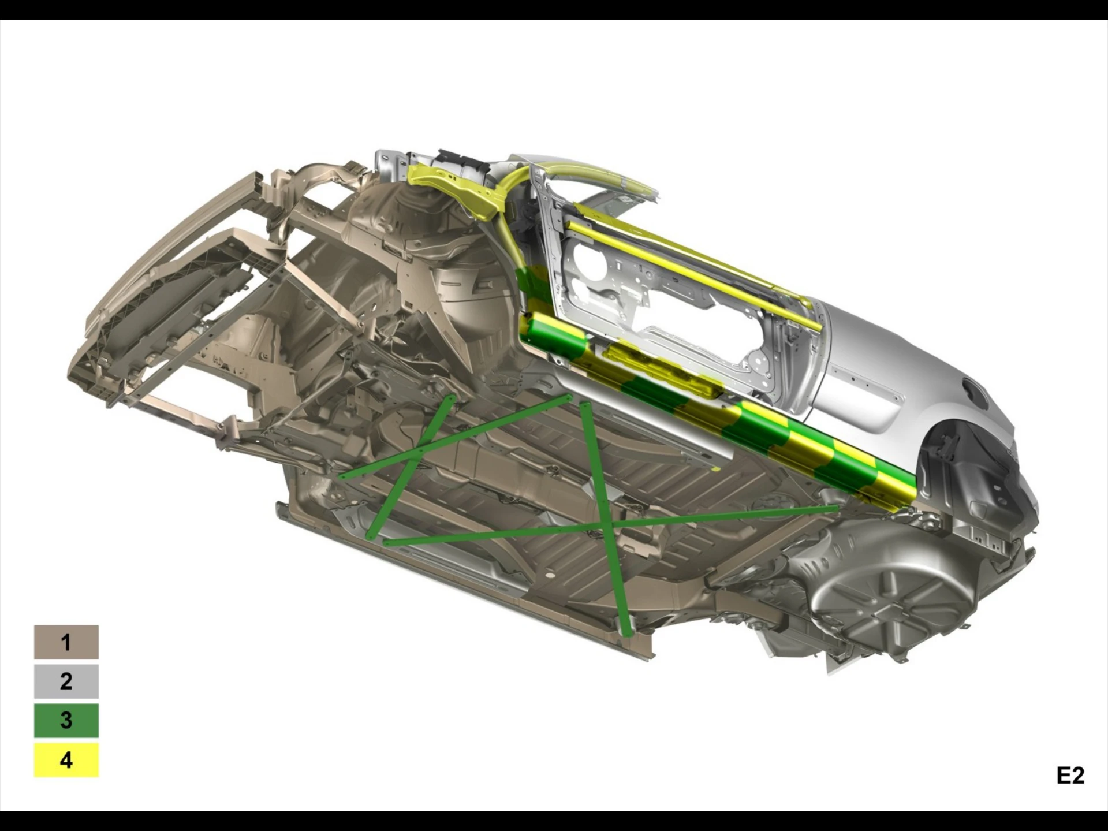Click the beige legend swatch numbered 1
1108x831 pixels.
[66, 642]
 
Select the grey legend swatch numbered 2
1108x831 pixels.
[66, 681]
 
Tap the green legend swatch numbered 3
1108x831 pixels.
[66, 720]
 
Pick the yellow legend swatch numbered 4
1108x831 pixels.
[66, 759]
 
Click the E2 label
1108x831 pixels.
[1070, 776]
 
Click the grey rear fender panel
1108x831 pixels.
[901, 370]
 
